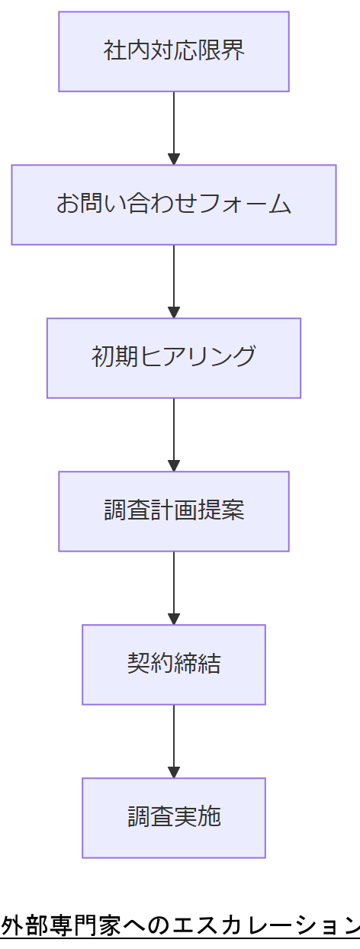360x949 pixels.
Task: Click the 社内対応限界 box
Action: (x=174, y=51)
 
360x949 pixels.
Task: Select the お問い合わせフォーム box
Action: (x=174, y=204)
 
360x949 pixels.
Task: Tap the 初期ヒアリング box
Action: (x=174, y=358)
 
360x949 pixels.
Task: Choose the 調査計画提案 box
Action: (x=174, y=511)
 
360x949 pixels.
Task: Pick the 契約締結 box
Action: (x=174, y=664)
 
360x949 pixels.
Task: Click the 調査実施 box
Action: (x=174, y=818)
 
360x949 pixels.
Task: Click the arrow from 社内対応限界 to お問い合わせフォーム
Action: (x=174, y=126)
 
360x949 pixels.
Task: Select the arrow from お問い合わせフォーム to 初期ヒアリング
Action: (x=174, y=279)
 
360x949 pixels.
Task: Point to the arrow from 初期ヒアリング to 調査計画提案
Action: (x=174, y=433)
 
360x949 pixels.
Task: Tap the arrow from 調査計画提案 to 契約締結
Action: (x=174, y=586)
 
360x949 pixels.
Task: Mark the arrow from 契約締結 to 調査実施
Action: (x=174, y=739)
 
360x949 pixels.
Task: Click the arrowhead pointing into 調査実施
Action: (x=174, y=771)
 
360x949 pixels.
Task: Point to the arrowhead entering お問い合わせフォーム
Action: (x=174, y=159)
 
